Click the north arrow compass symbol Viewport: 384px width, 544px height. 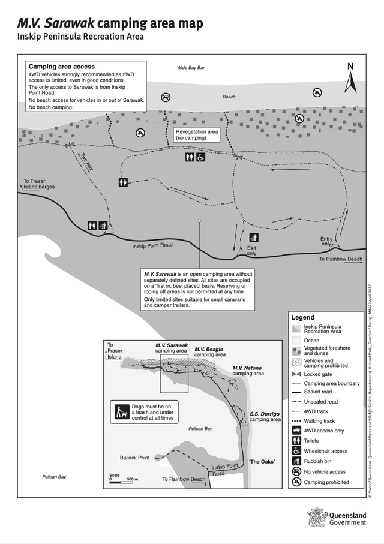click(350, 79)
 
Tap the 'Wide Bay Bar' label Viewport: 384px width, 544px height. click(190, 67)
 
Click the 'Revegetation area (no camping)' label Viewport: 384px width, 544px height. click(197, 134)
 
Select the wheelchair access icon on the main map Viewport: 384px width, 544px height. click(200, 157)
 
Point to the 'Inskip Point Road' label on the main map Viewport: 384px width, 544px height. click(152, 245)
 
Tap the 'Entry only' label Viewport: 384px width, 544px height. click(326, 242)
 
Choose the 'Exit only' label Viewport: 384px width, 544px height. click(251, 250)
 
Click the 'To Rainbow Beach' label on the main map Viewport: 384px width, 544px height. click(340, 259)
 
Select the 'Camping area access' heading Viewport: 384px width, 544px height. click(62, 67)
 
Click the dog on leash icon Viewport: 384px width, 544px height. click(122, 396)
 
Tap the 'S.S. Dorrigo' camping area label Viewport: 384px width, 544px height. click(265, 400)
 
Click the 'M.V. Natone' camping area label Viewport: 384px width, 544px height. click(247, 371)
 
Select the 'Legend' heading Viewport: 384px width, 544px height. click(302, 317)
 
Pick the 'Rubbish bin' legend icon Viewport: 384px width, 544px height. click(296, 461)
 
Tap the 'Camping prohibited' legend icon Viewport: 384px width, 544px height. click(296, 482)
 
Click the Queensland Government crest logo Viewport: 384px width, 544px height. click(316, 518)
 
